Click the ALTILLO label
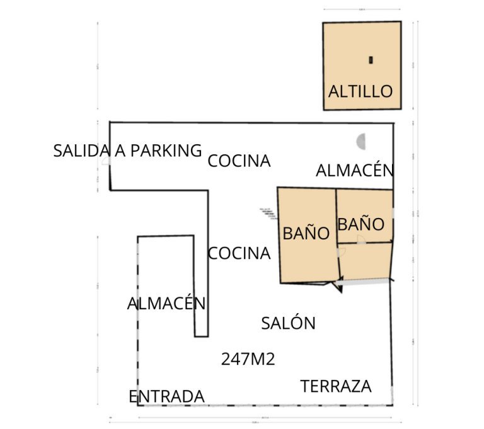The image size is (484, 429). (360, 91)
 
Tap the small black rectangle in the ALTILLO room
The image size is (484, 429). (371, 60)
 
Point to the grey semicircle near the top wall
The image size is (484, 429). (361, 141)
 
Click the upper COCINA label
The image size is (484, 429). (239, 161)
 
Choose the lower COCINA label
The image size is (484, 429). (239, 254)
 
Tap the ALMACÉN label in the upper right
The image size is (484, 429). (354, 171)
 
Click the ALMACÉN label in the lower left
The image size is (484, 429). (166, 304)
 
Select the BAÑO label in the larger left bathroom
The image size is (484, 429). (306, 234)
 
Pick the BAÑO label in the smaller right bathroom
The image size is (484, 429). (360, 224)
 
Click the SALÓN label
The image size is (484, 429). (288, 324)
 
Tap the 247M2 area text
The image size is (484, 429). (248, 359)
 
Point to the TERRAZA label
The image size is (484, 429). (336, 387)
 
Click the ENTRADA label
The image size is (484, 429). (166, 397)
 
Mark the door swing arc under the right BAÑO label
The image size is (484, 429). (360, 239)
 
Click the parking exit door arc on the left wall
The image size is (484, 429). (107, 161)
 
